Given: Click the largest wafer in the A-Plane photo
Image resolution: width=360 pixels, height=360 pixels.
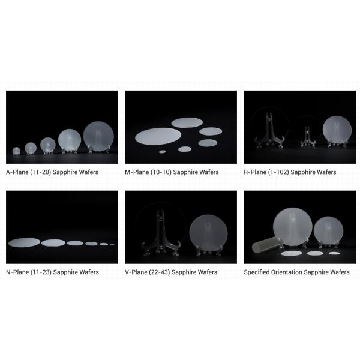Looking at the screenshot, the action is pos(98,136).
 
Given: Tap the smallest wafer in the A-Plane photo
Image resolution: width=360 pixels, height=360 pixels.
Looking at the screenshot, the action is pos(16,151).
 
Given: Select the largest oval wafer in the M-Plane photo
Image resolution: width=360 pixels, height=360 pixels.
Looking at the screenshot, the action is pos(158,136).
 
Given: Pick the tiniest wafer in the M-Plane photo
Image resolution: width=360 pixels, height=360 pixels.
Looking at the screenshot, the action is pos(163,152).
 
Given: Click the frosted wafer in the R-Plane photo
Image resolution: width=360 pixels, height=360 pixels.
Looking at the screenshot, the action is pos(337,130).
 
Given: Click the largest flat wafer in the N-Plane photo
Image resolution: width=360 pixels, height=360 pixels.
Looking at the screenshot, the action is pos(24,242).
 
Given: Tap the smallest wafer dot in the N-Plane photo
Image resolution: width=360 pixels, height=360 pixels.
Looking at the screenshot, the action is pos(112,245).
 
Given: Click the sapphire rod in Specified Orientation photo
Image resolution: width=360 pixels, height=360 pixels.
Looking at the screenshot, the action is pos(266,245).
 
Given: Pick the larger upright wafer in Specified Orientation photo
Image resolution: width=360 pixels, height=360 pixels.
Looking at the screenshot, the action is pos(293,227).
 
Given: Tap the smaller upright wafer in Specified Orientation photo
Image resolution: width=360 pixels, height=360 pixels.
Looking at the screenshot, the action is pos(329,231).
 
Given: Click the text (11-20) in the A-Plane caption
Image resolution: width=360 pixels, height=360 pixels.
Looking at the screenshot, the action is pos(40,172).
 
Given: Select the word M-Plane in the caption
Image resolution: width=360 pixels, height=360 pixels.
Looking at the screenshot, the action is pos(137,172).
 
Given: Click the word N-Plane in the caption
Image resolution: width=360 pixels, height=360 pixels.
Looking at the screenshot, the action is pos(17,272).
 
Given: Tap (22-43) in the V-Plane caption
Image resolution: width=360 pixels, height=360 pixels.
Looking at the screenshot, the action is pos(160,272).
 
